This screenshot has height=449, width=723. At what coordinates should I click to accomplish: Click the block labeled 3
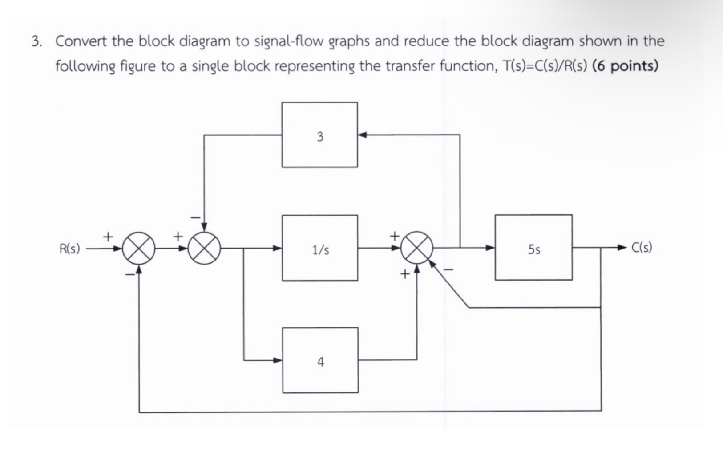(x=319, y=135)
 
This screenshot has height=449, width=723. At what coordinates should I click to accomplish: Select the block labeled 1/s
(x=319, y=248)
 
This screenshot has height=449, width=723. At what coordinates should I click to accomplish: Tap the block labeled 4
(x=320, y=360)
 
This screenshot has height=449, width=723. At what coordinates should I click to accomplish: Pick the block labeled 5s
(x=533, y=248)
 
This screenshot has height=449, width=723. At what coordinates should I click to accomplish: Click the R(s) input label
(x=70, y=249)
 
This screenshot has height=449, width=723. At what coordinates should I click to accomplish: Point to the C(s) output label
(x=642, y=248)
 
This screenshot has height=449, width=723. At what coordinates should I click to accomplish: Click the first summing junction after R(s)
(x=139, y=249)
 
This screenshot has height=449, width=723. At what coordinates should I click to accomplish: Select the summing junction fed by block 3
(x=204, y=249)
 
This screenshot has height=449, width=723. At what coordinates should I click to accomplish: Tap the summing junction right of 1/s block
(x=417, y=248)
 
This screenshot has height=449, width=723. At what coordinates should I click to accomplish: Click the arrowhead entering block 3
(x=362, y=135)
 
